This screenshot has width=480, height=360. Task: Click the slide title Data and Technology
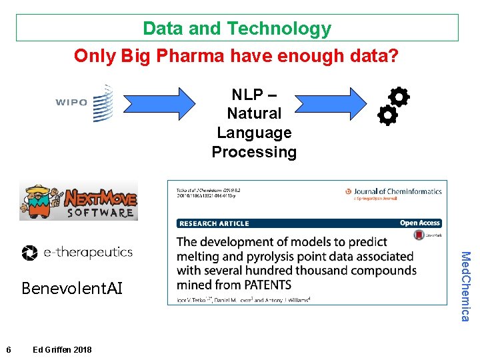tap(237, 29)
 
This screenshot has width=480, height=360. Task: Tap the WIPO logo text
tap(71, 103)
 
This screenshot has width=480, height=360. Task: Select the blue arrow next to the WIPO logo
tap(160, 104)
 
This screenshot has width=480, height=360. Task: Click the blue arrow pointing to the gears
tap(331, 104)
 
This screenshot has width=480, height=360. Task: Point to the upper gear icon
tap(398, 97)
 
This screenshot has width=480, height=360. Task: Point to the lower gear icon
tap(387, 116)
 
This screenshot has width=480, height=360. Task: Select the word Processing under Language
tap(254, 152)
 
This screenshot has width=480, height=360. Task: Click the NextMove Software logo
tap(79, 200)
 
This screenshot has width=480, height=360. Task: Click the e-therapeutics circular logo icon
tap(30, 253)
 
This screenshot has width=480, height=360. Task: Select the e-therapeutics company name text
tap(87, 253)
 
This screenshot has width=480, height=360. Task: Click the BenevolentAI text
tap(72, 288)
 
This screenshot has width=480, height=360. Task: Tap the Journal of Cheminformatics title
tap(398, 192)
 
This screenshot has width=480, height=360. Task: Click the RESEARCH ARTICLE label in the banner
tap(214, 223)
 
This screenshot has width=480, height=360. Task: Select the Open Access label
tap(419, 223)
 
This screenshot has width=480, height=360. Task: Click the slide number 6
tap(7, 350)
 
